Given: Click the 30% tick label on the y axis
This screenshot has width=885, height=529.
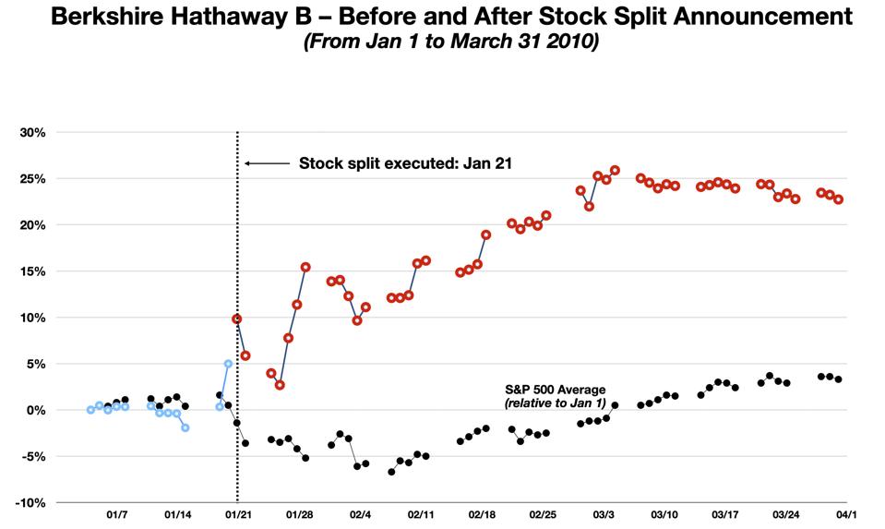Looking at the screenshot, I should tap(33, 132).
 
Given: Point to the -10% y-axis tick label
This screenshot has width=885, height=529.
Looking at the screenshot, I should tap(31, 502).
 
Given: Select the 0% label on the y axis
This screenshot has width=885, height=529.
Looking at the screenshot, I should tap(37, 410).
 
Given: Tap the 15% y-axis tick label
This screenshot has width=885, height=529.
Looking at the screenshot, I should tap(33, 271).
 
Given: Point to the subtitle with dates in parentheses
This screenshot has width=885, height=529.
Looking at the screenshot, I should tap(445, 42).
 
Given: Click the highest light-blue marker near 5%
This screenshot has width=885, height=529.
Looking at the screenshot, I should tap(228, 364).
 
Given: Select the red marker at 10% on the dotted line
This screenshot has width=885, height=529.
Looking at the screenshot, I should tap(237, 319).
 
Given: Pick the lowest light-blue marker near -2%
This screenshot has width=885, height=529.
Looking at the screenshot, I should tap(185, 427).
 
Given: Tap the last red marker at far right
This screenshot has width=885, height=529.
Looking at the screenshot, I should tap(838, 199).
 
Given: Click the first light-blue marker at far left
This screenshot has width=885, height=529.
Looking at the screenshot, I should tap(90, 410).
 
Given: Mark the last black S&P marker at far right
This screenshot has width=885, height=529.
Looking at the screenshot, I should tap(838, 379).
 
